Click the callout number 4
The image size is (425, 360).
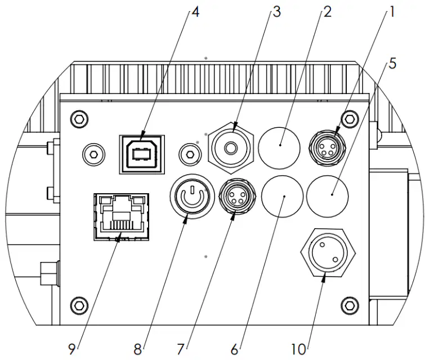click(195, 12)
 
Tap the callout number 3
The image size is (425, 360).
click(276, 12)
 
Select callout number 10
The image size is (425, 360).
click(298, 349)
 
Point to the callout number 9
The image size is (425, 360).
click(71, 349)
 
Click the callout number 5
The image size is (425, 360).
click(392, 64)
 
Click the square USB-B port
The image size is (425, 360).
click(142, 154)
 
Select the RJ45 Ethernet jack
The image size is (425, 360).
click(121, 217)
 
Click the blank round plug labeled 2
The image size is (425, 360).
click(279, 148)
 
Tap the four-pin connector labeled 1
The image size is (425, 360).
click(327, 147)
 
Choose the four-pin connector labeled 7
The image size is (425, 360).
click(237, 196)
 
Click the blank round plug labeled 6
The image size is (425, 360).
click(283, 196)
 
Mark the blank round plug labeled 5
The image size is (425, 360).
click(328, 196)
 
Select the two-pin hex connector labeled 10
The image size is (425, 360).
click(328, 252)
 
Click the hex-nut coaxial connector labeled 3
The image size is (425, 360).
click(231, 148)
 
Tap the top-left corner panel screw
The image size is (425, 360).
click(79, 119)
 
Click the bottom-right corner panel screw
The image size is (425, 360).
click(350, 306)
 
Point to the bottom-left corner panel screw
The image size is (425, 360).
click(79, 306)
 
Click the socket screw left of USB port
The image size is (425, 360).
click(94, 154)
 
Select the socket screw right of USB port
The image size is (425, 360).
click(190, 154)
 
